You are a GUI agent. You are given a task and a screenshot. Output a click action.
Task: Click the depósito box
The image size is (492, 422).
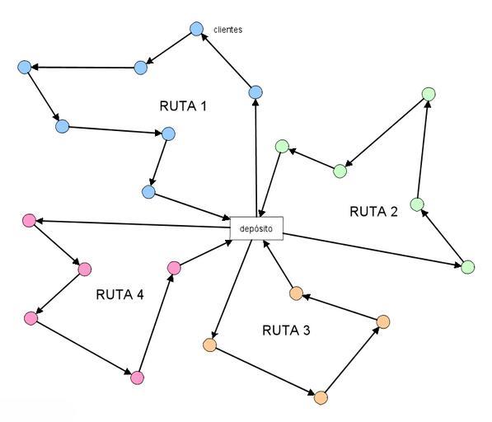coord(256,228)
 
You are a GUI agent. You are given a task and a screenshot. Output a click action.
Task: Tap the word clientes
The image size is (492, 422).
coord(227,30)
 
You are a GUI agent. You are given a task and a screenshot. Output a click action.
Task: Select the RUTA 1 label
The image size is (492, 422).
coord(183,106)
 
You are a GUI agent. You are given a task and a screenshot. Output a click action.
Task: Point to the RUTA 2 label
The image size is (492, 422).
coord(373,212)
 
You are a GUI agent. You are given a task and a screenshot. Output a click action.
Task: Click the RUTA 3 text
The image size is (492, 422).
coord(286,331)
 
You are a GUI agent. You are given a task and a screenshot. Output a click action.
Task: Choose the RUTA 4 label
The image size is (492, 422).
coord(119,294)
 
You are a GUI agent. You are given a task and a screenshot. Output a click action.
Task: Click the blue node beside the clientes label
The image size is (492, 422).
coord(197,29)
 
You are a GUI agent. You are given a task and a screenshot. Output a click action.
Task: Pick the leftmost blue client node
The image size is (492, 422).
coord(25,67)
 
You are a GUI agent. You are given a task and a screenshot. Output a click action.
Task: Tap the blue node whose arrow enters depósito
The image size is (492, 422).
coord(148,192)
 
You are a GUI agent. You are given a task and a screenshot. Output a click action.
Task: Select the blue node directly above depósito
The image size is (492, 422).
coord(255,92)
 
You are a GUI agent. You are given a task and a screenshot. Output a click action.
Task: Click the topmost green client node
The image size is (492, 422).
coord(429,94)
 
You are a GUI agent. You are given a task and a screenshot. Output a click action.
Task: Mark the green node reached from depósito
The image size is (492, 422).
coord(468,267)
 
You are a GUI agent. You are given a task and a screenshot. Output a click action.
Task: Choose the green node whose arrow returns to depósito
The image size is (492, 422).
coord(282,146)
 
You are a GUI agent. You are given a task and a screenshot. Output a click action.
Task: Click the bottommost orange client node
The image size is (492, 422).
coord(321,398)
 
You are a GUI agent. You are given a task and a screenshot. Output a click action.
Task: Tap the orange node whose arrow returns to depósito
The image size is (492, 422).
coord(296,293)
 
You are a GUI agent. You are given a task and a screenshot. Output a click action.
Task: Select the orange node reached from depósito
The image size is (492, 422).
coord(210,345)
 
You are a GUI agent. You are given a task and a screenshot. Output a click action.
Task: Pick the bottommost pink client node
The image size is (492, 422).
coord(137,377)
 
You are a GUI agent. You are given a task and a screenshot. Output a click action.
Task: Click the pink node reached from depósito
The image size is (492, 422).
coord(29,221)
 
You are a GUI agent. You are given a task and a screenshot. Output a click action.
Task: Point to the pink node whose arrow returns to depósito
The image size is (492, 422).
coord(174,268)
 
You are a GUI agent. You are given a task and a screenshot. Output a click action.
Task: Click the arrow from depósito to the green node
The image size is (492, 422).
coord(373,250)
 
